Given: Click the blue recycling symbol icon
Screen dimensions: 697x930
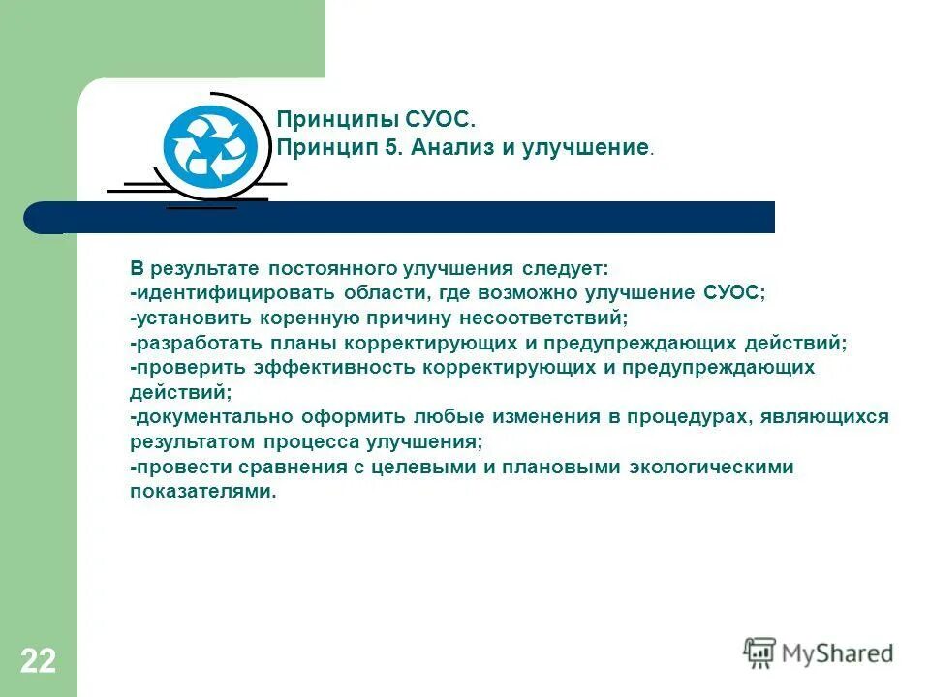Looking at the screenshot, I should pyautogui.click(x=211, y=148).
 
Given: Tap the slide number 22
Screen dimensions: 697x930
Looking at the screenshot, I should pyautogui.click(x=38, y=662).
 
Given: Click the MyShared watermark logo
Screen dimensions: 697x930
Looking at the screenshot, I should pyautogui.click(x=819, y=652).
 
